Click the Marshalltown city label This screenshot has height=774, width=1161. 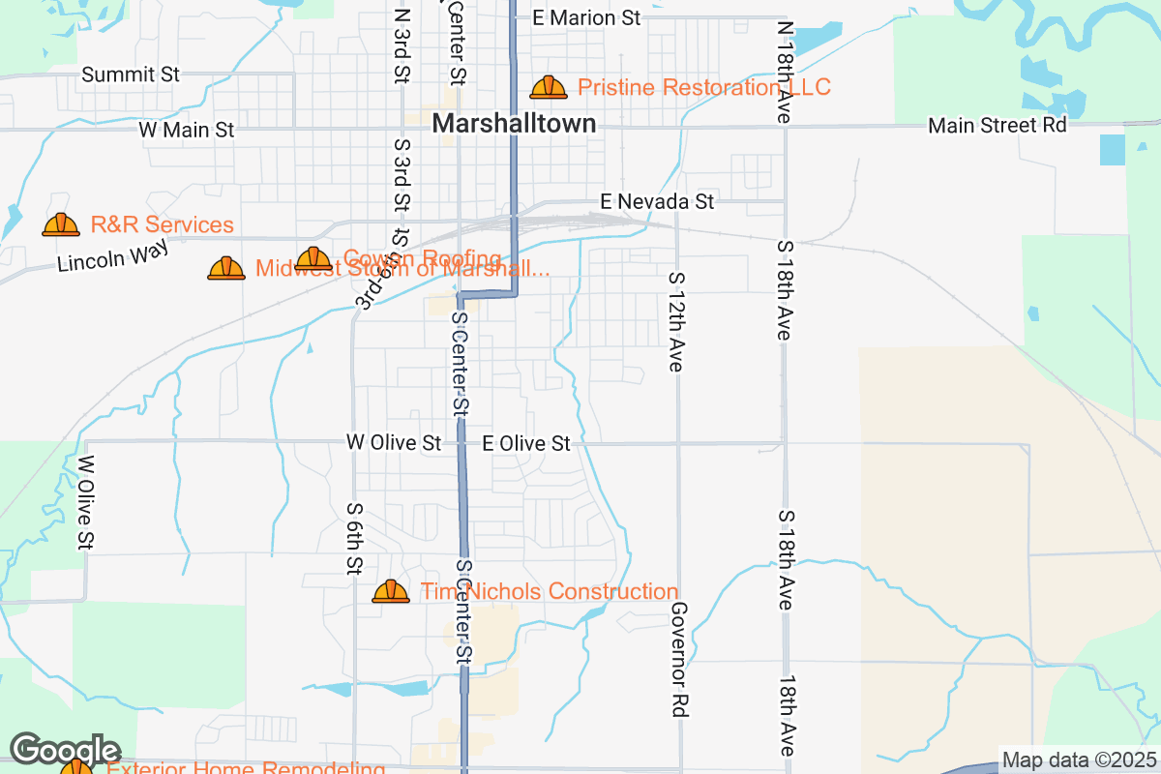pos(514,124)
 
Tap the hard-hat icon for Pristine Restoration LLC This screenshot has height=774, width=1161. pos(549,88)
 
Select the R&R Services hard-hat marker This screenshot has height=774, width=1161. pos(61,225)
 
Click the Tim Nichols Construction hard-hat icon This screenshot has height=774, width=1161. pos(391,591)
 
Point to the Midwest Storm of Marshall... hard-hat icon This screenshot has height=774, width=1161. pos(226,268)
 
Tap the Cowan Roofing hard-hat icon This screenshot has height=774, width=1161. pos(313,258)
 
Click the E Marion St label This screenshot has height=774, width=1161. pos(587,17)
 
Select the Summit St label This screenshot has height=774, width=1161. pos(132,74)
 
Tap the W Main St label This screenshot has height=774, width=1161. pos(187,130)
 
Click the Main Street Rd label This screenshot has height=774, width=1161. pos(997,126)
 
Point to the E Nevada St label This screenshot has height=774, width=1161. pos(657,201)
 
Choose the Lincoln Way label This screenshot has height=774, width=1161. pos(113,255)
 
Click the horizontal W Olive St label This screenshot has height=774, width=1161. pos(394,443)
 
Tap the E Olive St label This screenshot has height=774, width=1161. pos(526,443)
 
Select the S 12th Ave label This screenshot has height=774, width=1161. pos(676,321)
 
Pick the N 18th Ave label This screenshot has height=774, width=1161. pos(785,73)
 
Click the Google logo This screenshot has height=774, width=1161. pos(65,750)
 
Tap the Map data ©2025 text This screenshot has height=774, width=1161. pos(1079,759)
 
